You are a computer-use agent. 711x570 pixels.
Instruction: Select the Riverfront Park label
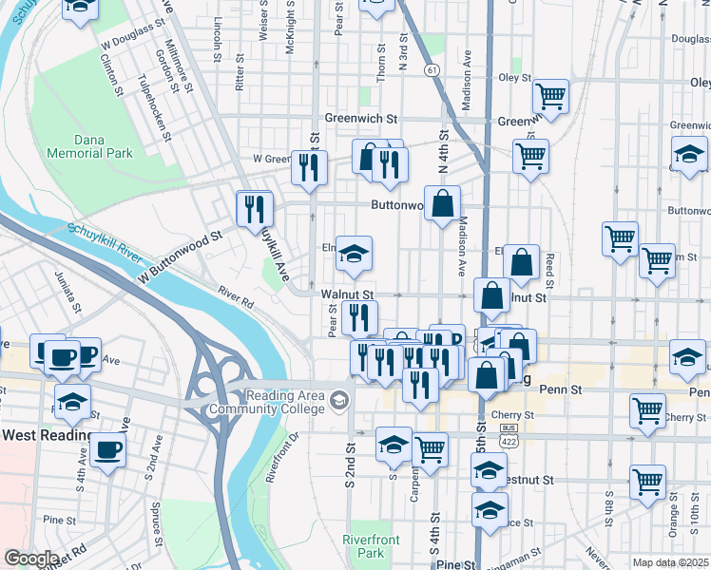[363, 546]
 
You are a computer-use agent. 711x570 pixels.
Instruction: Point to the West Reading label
[48, 435]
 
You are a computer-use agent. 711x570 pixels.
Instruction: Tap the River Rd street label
[236, 298]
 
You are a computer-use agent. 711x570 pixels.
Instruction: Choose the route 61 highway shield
[432, 70]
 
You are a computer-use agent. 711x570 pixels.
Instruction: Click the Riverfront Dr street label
[282, 457]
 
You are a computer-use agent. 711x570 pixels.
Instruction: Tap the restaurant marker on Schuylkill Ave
[254, 207]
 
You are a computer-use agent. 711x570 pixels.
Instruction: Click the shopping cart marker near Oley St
[549, 94]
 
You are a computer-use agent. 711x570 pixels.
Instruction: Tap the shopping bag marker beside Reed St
[522, 261]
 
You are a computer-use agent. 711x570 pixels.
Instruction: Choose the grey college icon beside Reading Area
[339, 402]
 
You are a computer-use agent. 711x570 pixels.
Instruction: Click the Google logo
[31, 559]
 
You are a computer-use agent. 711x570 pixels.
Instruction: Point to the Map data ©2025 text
[670, 562]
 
